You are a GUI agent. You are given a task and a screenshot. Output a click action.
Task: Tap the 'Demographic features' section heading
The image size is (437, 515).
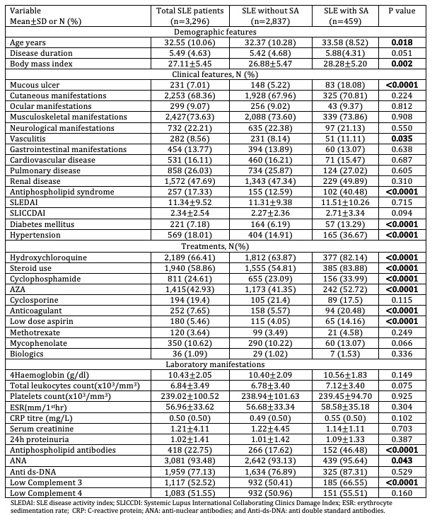coord(218,33)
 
